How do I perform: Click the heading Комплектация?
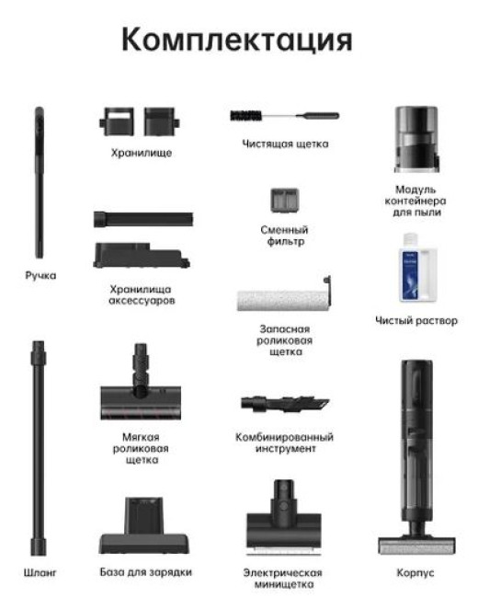tap(237, 40)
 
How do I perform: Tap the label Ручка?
tap(40, 275)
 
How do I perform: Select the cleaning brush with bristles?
tap(284, 115)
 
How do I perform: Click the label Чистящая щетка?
tap(285, 144)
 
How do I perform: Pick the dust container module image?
tap(415, 140)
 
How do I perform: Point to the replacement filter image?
tap(284, 201)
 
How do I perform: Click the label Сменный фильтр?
tap(284, 236)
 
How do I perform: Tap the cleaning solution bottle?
tap(417, 268)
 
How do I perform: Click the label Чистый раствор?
tap(416, 320)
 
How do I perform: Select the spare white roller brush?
tap(284, 294)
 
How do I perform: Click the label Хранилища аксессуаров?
tap(142, 294)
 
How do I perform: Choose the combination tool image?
tap(285, 404)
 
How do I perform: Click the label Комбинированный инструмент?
tap(284, 443)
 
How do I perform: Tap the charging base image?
tap(144, 526)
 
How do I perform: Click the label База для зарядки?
tap(145, 572)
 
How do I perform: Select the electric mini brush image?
tap(284, 518)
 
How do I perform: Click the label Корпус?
tap(415, 572)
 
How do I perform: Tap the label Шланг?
tap(40, 572)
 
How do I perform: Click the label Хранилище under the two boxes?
tap(142, 153)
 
